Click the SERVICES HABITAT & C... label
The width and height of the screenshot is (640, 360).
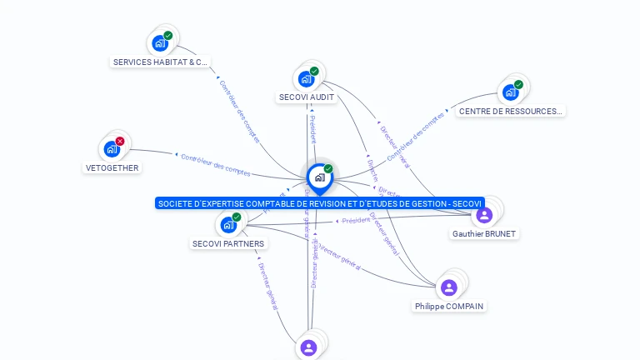point(160,62)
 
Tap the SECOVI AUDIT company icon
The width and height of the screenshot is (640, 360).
point(307,79)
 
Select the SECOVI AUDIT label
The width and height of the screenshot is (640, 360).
point(307,97)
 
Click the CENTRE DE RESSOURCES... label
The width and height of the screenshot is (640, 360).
point(510,111)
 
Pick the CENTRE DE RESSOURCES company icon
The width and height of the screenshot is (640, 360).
point(510,92)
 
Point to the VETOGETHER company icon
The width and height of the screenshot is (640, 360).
point(112,149)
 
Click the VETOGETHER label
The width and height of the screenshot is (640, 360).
point(112,167)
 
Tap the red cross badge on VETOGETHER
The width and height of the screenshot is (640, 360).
point(120,142)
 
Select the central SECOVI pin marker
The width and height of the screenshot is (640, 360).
point(319,177)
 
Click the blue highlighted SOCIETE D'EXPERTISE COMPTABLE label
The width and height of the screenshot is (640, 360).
point(319,203)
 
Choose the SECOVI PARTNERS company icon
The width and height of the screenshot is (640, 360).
point(228,224)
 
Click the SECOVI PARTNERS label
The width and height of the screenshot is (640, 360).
point(228,244)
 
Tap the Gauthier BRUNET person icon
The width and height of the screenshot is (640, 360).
point(484,215)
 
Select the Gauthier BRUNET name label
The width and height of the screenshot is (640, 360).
point(483,234)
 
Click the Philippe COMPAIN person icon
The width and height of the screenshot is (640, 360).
point(449,287)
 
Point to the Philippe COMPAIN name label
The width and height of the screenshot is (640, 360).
point(449,307)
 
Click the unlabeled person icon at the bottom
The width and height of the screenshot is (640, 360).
point(309,347)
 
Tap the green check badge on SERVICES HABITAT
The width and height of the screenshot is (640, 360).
point(168,36)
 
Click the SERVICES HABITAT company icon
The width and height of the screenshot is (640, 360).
point(160,43)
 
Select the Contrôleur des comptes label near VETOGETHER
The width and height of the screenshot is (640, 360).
point(216,164)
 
